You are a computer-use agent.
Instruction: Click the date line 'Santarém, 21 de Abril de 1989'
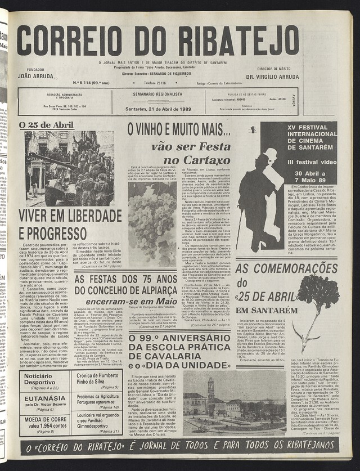[x=158, y=109]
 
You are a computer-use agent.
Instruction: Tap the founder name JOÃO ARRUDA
[x=37, y=75]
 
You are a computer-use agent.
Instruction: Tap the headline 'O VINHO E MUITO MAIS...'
[x=179, y=131]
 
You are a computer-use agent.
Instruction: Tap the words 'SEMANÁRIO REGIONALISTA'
[x=157, y=95]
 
